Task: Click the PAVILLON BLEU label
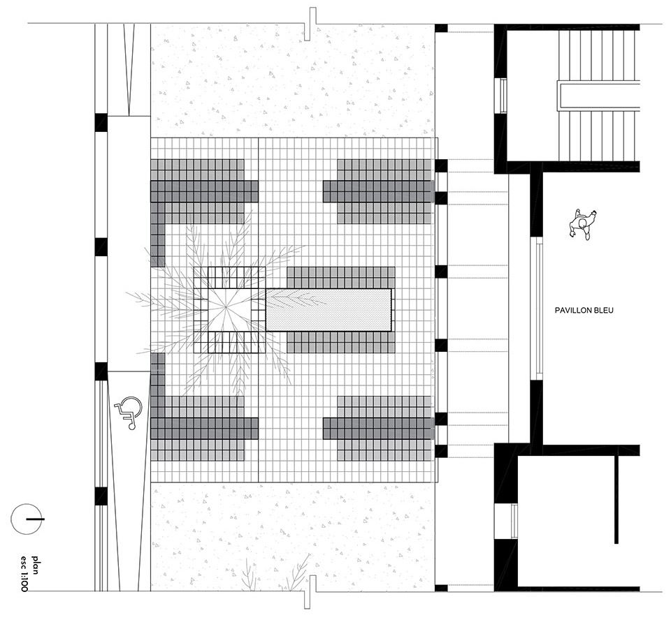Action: [584, 311]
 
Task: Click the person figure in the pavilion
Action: [583, 223]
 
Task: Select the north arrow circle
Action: [27, 519]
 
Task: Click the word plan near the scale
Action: [35, 564]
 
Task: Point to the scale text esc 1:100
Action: [24, 573]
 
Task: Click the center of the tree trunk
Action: [226, 306]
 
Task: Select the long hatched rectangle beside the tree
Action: [329, 309]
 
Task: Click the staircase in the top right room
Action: [599, 96]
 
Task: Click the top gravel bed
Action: [293, 80]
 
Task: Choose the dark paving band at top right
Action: [379, 191]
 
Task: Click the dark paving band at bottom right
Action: [379, 429]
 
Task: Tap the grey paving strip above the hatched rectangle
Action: [340, 277]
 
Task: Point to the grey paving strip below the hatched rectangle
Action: [340, 342]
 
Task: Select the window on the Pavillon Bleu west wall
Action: [536, 309]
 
